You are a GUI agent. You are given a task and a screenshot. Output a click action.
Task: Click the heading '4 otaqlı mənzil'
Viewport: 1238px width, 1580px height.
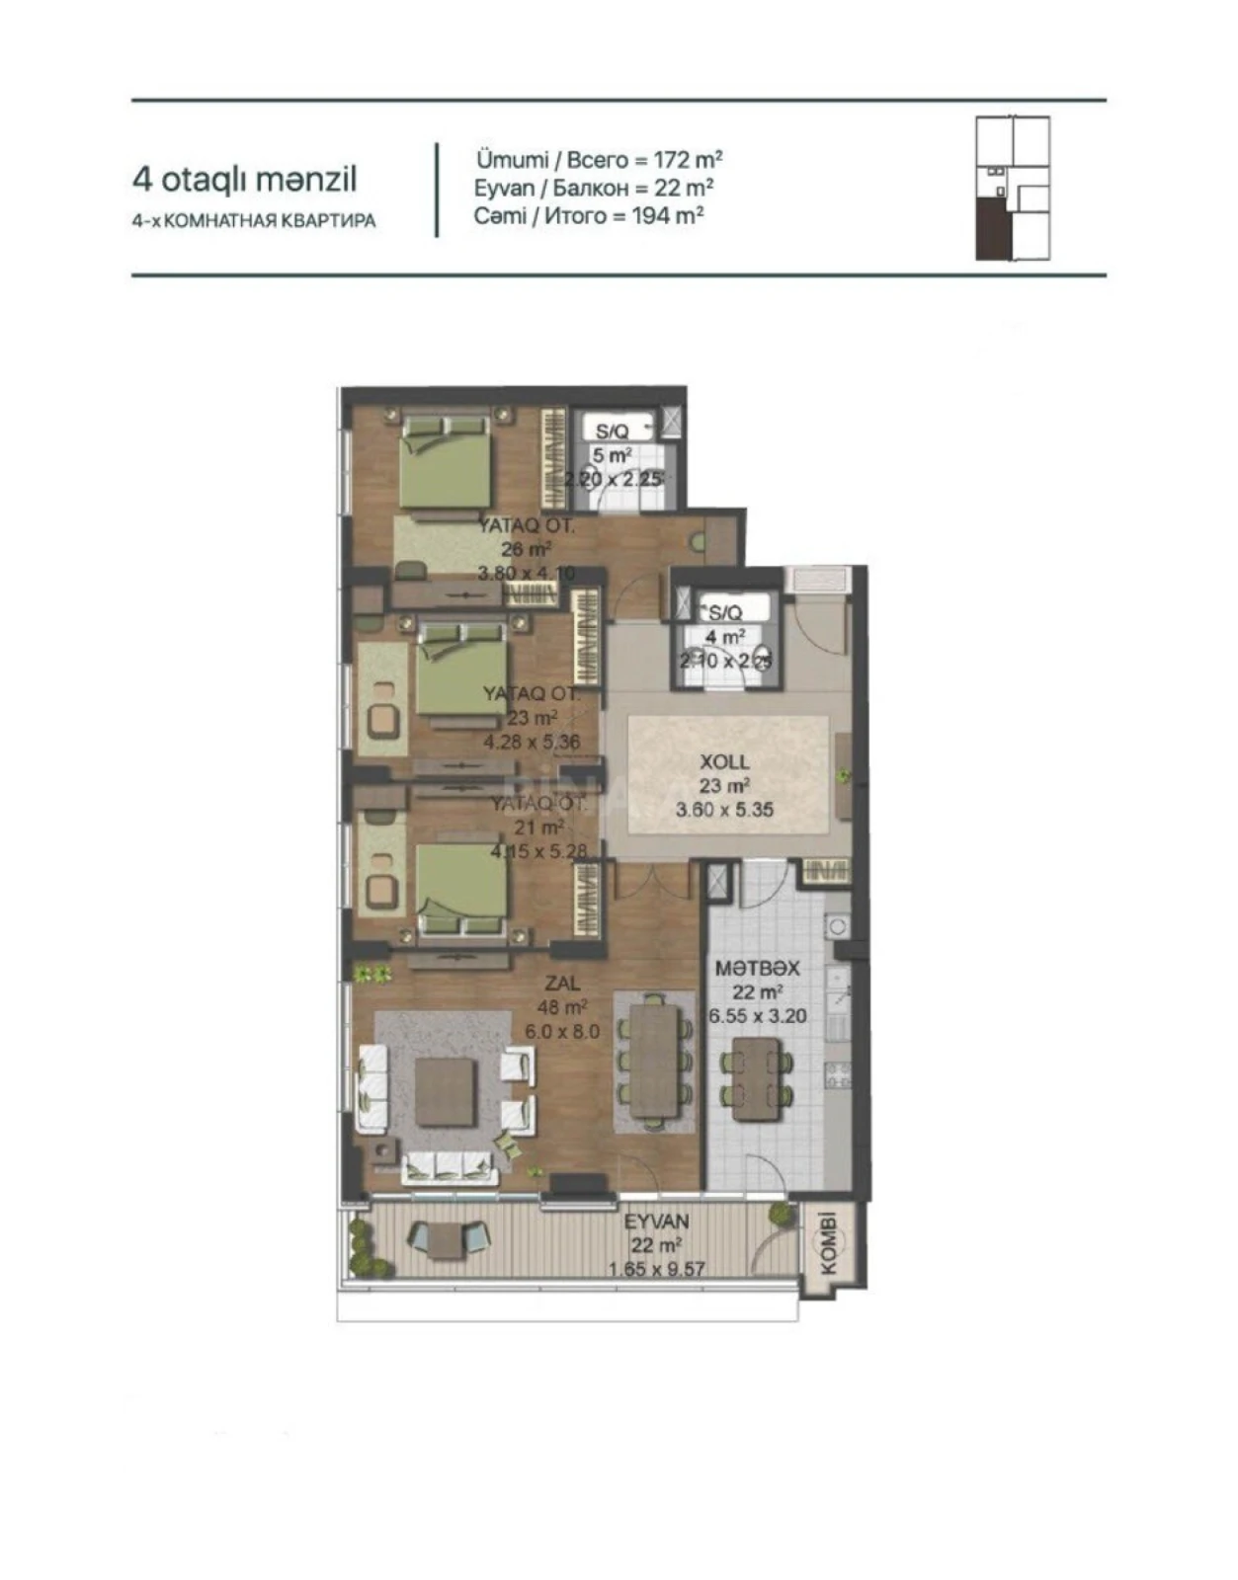[244, 180]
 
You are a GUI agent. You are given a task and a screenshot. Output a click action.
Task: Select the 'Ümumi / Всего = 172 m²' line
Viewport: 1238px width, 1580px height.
[599, 159]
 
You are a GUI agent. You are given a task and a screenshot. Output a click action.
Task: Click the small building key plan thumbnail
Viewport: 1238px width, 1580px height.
[1013, 188]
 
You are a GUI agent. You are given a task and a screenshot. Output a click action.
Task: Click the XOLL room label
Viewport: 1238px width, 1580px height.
[724, 762]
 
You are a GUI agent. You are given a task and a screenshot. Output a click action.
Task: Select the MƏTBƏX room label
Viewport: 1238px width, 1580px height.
[757, 968]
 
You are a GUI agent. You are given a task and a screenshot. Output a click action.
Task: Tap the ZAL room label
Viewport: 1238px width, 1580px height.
[563, 984]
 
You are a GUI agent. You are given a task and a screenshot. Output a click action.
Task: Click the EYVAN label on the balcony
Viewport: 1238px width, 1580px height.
[657, 1222]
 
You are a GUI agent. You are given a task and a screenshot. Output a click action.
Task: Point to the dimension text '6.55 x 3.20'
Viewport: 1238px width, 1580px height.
[758, 1016]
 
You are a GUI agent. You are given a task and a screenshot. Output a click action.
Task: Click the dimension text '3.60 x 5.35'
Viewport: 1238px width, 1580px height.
[724, 810]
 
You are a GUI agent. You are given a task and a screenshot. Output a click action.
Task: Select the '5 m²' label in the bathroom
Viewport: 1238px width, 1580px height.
[612, 455]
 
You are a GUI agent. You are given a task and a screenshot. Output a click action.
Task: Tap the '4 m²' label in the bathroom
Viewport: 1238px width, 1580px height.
[724, 637]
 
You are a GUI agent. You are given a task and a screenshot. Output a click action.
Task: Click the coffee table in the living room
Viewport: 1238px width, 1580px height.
[445, 1092]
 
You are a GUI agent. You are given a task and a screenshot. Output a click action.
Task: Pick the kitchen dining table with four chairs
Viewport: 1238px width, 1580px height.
[757, 1078]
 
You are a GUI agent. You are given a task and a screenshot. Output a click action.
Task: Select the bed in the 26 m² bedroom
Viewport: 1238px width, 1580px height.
[445, 461]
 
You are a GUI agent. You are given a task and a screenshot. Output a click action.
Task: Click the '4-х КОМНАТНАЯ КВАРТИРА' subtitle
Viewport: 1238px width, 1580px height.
[254, 221]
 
